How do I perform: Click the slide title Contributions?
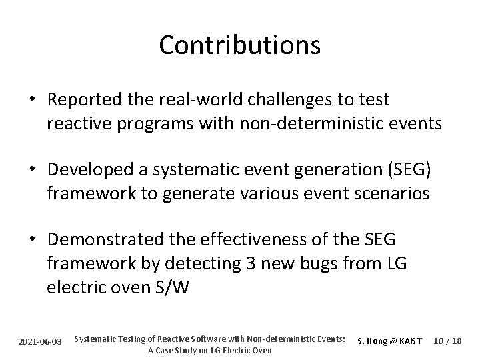tap(240, 45)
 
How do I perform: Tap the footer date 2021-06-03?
tap(40, 341)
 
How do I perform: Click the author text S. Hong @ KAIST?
tap(390, 341)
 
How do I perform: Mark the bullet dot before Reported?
tap(32, 100)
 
